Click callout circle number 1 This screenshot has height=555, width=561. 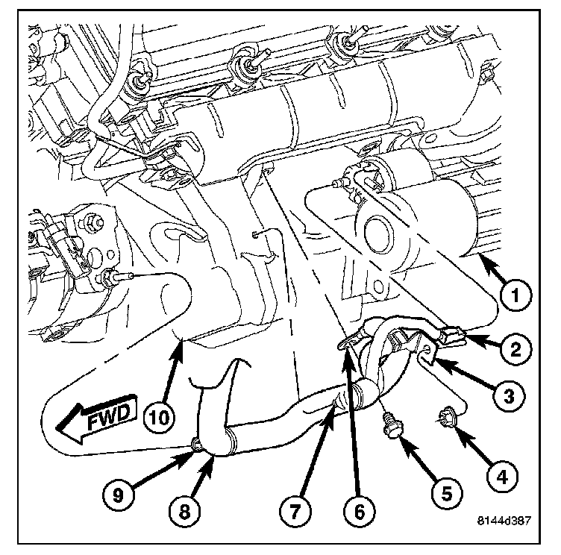coord(515,295)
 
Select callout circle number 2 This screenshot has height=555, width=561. coord(515,348)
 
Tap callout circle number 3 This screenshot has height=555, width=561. coord(508,396)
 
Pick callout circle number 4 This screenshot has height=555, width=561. coord(502,476)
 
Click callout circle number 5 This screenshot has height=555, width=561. coord(447,493)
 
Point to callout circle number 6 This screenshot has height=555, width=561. coord(360,511)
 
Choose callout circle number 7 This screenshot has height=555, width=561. coord(295,511)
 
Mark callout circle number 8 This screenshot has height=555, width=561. coord(184,511)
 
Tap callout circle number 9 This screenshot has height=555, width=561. coord(118,495)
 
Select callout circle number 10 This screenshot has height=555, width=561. coord(159,416)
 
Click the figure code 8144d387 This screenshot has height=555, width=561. coord(504,520)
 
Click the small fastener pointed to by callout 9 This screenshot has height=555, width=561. coord(197,445)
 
